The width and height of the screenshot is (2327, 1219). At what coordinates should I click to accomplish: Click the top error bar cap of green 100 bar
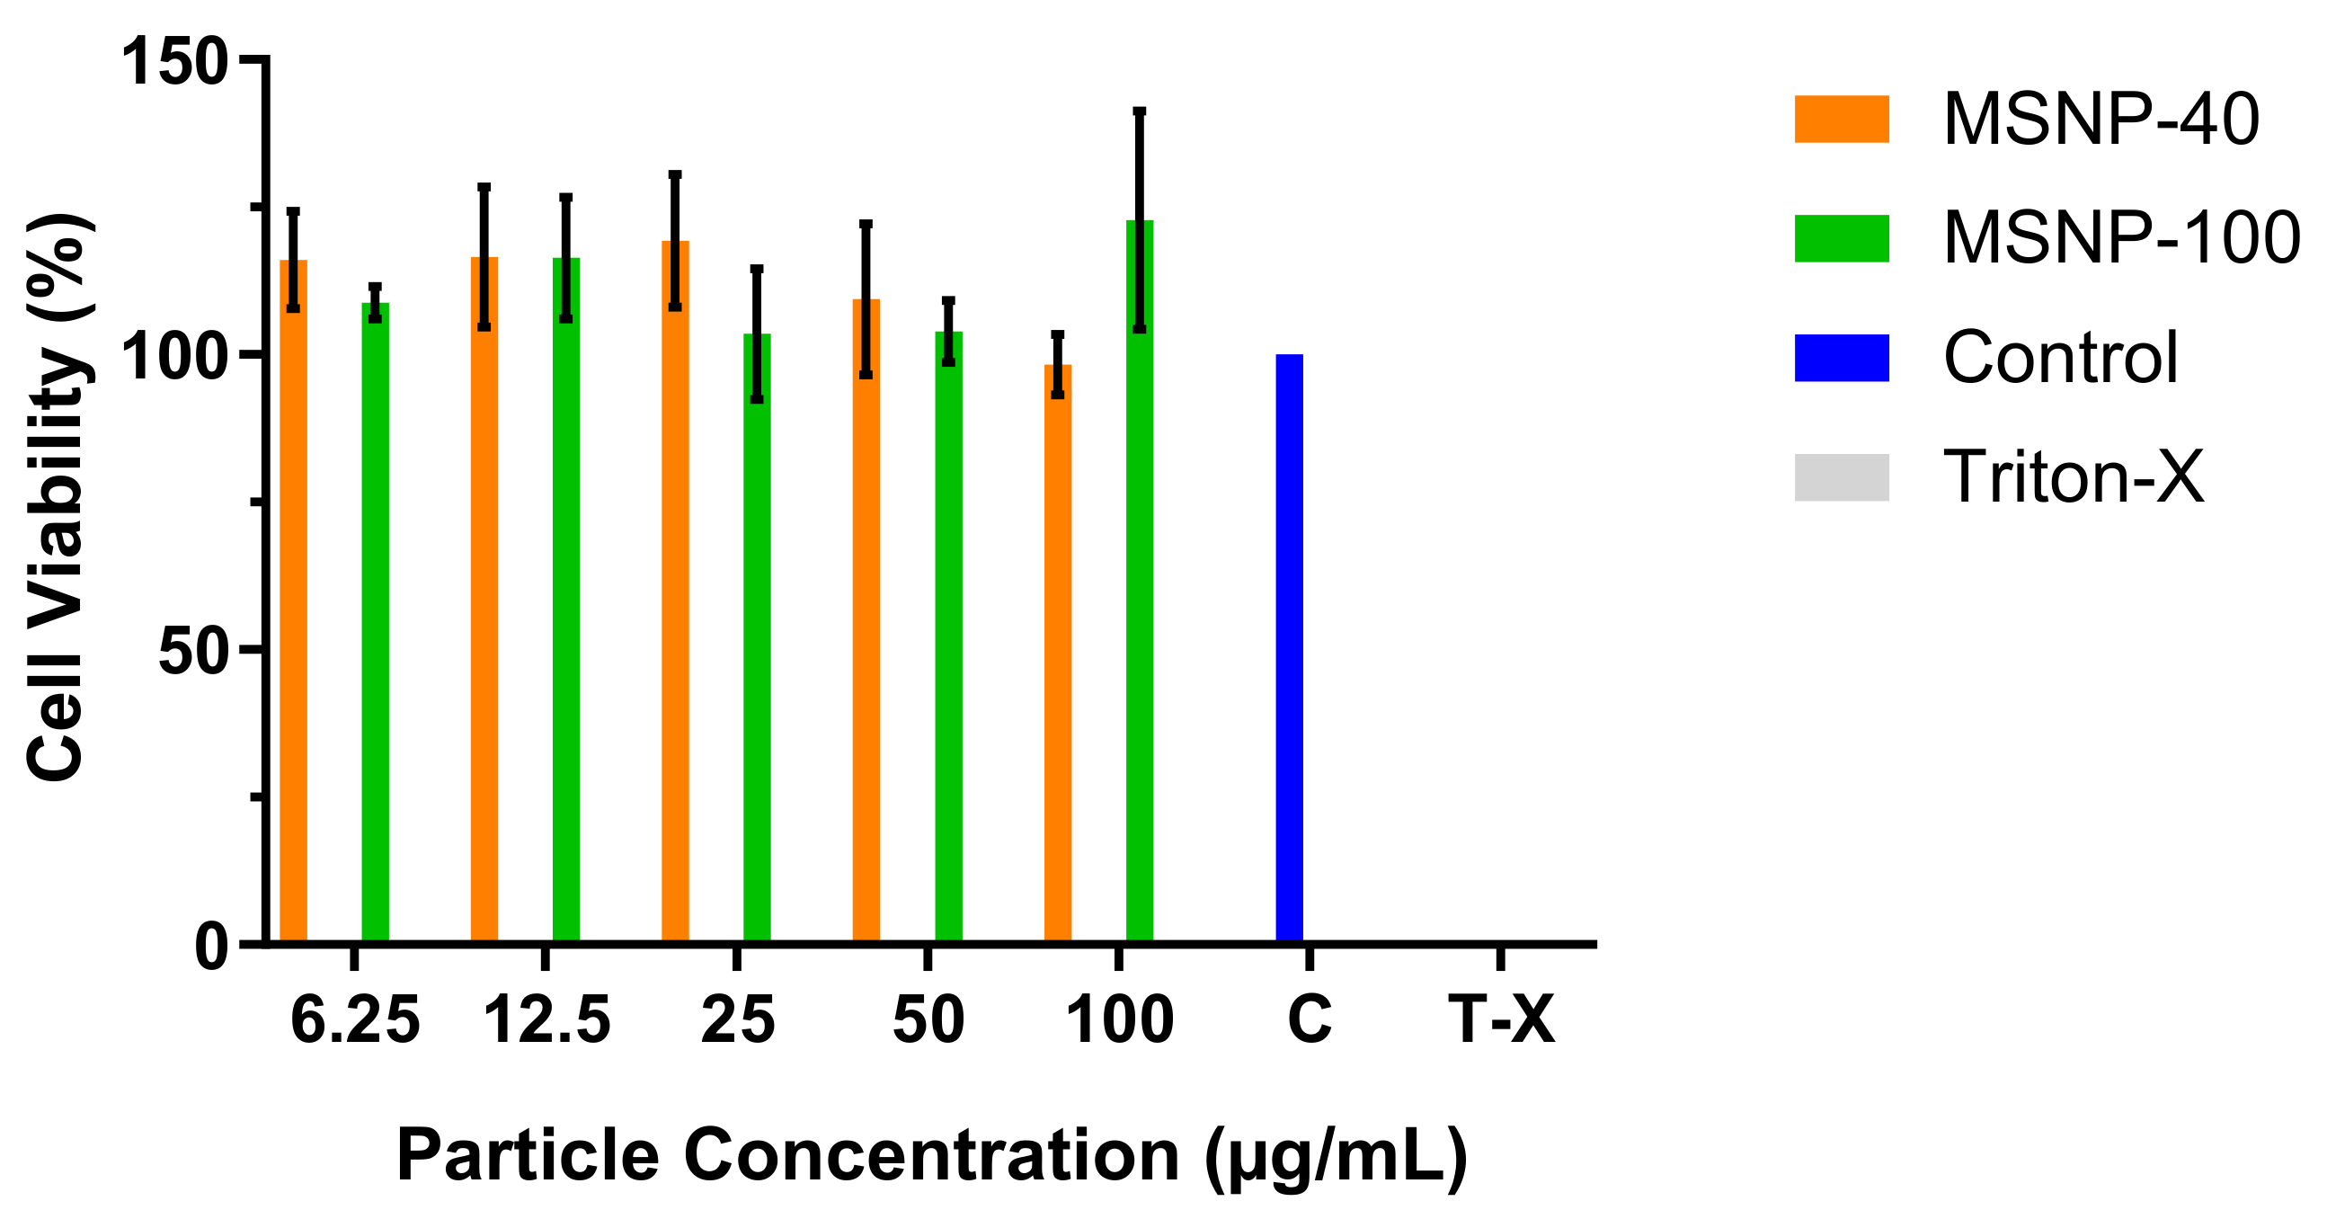click(x=1139, y=112)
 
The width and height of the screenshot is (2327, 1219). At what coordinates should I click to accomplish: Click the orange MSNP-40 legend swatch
click(x=1841, y=120)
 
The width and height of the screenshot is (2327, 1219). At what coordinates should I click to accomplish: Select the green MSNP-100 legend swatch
click(x=1841, y=238)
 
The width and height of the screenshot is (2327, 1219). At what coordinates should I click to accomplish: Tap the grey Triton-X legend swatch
click(x=1841, y=477)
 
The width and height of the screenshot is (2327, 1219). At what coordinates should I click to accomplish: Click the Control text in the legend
click(x=2061, y=358)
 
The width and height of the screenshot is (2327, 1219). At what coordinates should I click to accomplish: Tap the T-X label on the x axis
click(x=1500, y=1020)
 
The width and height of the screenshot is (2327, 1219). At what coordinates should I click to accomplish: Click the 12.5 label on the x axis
click(x=546, y=1020)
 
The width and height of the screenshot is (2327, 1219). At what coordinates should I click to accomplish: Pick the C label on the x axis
click(x=1308, y=1020)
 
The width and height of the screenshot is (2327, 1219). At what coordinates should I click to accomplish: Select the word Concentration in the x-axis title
click(x=931, y=1155)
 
